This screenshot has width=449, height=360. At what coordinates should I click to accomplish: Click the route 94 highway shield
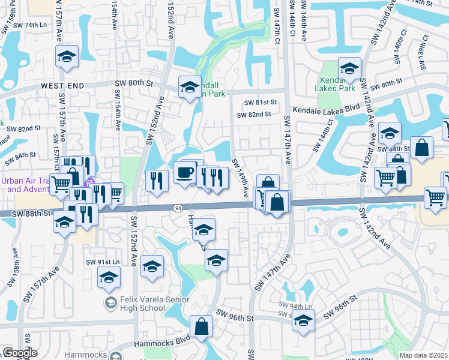(178, 208)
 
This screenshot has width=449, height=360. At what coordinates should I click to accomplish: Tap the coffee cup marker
(184, 172)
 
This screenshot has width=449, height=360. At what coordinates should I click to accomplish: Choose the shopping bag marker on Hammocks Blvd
(202, 326)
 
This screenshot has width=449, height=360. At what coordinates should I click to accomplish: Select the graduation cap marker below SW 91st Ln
(108, 277)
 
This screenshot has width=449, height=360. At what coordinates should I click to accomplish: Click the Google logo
(20, 353)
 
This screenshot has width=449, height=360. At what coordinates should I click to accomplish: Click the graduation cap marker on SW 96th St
(303, 320)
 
